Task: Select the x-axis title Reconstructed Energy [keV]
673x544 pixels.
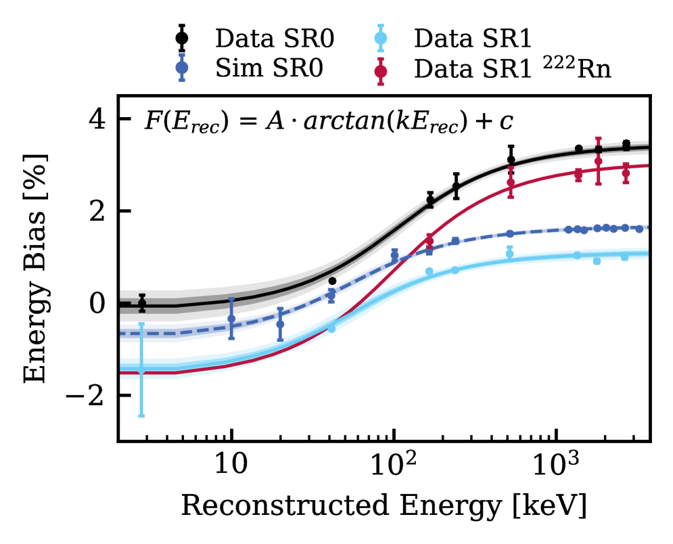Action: click(384, 506)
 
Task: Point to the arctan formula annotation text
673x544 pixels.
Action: click(329, 122)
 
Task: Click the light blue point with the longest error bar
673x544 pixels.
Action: click(141, 370)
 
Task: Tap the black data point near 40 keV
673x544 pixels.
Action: click(332, 281)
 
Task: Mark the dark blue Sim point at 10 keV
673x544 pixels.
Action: click(231, 319)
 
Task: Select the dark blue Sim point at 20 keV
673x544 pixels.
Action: click(280, 324)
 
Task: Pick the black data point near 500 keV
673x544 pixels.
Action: click(511, 160)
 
